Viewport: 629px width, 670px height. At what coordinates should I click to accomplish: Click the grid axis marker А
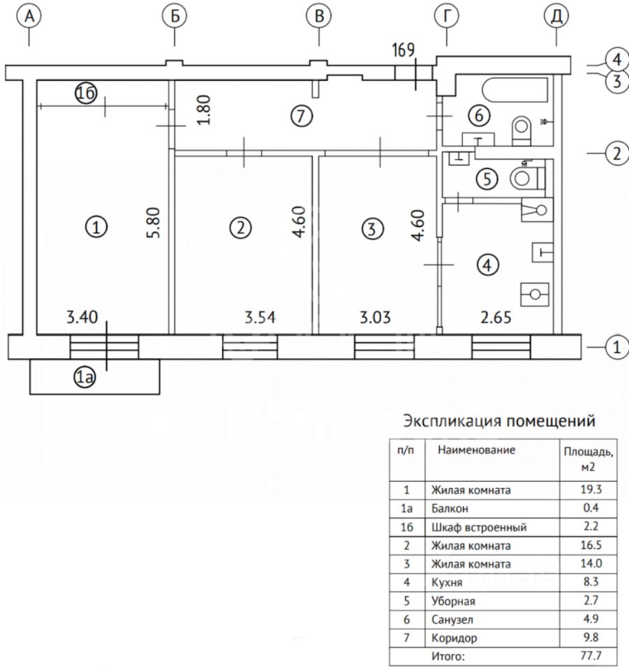(x=29, y=16)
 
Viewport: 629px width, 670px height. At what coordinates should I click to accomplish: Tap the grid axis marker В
(x=319, y=16)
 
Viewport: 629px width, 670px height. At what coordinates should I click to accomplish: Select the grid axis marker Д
(x=556, y=16)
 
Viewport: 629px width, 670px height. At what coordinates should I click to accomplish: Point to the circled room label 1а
(x=85, y=378)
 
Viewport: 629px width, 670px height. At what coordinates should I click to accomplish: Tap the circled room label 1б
(x=86, y=94)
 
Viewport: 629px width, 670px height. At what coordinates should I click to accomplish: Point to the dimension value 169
(x=404, y=50)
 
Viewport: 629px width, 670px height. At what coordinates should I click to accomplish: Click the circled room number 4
(x=488, y=265)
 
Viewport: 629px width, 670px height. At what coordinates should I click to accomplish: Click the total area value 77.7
(x=589, y=655)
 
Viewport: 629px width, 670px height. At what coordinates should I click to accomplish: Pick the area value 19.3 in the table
(x=589, y=490)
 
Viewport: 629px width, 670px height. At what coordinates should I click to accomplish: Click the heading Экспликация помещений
(x=498, y=422)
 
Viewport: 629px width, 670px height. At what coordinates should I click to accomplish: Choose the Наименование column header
(x=477, y=450)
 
